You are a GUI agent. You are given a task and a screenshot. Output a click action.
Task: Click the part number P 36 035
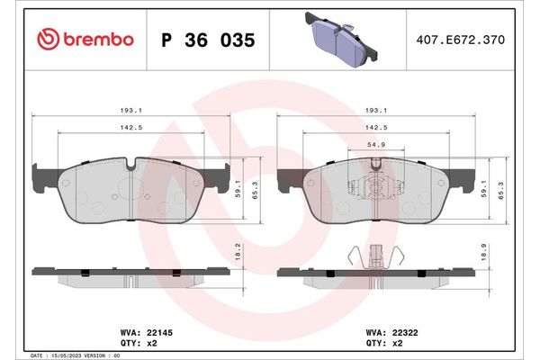point(207,40)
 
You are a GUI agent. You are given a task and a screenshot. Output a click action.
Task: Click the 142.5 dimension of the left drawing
point(131,129)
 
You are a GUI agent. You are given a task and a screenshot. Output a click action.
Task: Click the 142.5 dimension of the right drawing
point(377,129)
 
